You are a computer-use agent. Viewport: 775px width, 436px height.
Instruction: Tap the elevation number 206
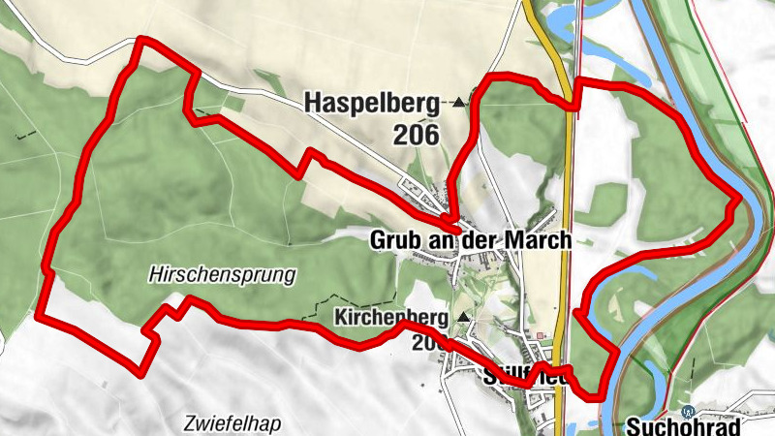417,135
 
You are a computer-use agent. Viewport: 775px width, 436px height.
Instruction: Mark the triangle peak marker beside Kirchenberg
463,317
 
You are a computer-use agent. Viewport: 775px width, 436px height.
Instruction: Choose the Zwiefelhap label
228,422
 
